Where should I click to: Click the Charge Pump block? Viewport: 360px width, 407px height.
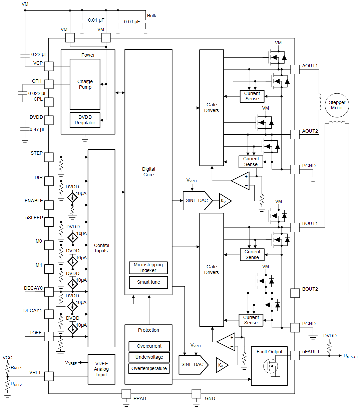coord(85,84)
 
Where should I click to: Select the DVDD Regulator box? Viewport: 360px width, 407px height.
coord(85,120)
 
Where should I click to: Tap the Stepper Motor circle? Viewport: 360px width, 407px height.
coord(337,105)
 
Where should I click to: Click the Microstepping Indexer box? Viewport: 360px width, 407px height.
coord(148,268)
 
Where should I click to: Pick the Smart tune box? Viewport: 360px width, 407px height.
coord(148,282)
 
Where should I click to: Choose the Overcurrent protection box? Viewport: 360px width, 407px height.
coord(149,346)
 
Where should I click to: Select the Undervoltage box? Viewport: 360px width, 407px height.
coord(149,357)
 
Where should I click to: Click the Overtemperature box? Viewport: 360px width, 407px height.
coord(149,368)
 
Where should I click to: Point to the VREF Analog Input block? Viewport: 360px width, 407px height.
coord(101,369)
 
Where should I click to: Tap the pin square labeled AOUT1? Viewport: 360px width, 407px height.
coord(295,69)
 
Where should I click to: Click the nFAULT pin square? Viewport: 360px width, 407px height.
coord(295,356)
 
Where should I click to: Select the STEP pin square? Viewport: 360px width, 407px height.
coord(49,157)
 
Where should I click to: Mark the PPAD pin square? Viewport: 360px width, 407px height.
coord(126,394)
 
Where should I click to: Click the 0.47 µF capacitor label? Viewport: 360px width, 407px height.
coord(37,129)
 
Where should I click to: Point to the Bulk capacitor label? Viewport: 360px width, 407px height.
coord(151,16)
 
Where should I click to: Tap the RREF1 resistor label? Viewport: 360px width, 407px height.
coord(16,368)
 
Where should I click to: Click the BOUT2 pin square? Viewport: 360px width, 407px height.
coord(295,293)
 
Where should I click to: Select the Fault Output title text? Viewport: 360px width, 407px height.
coord(269,352)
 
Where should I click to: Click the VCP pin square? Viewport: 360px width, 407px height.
coord(49,66)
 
